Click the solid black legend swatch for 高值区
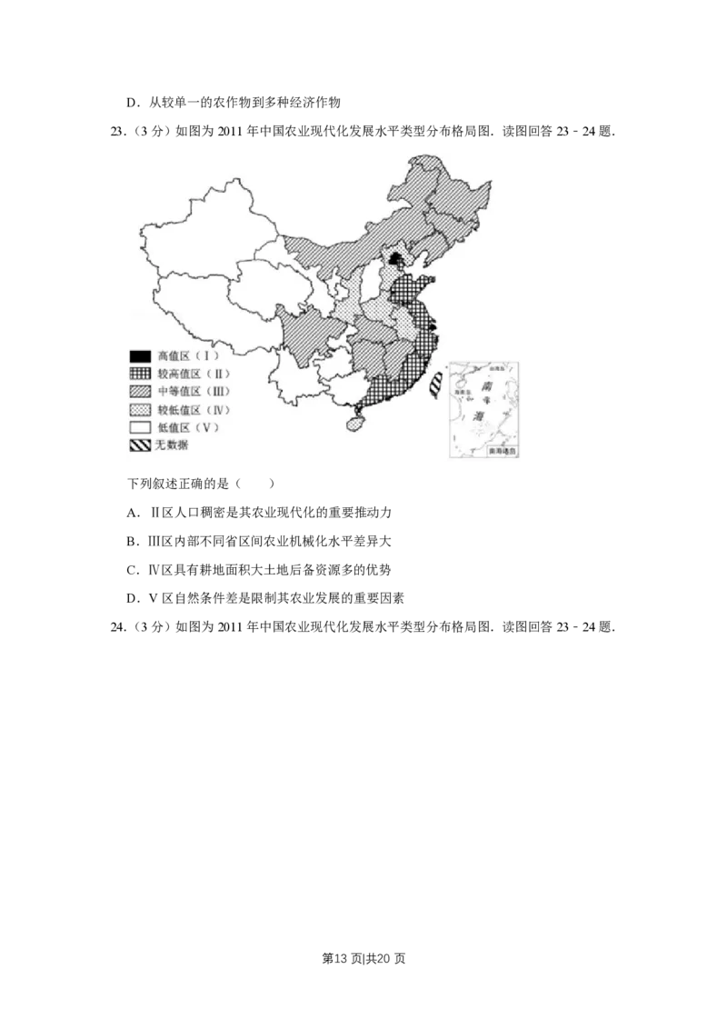(x=139, y=355)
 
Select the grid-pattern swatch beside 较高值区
(x=139, y=374)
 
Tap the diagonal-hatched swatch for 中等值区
(x=139, y=391)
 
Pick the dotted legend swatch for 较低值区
(x=139, y=409)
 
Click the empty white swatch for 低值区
(x=139, y=427)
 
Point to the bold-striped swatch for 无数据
(x=139, y=445)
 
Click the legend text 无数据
(x=173, y=445)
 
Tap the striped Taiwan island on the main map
(x=435, y=385)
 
